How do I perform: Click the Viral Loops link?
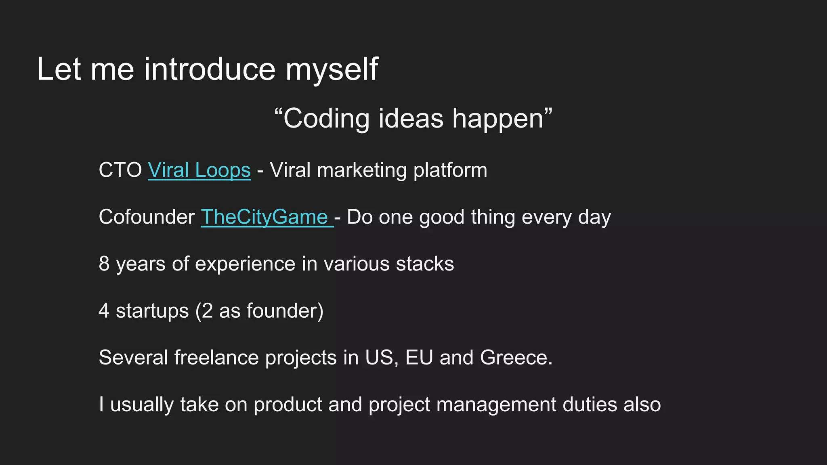(x=199, y=170)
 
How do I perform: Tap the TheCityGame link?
(x=264, y=217)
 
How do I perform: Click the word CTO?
(x=120, y=170)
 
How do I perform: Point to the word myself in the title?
(x=332, y=69)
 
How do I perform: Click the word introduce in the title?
(x=210, y=69)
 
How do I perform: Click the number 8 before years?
(x=104, y=264)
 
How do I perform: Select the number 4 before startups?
(x=104, y=311)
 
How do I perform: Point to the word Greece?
(x=516, y=358)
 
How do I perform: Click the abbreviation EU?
(x=419, y=358)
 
